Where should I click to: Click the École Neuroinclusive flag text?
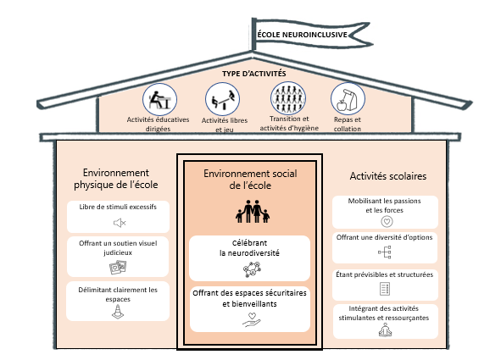[303, 35]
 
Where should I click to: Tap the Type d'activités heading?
[254, 74]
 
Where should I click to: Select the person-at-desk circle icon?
[159, 99]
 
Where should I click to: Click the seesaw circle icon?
[222, 99]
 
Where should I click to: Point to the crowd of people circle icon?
[288, 98]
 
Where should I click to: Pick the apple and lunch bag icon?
[348, 98]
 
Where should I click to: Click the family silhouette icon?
[253, 211]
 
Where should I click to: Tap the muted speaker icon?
[120, 223]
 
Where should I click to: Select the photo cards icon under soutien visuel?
[118, 267]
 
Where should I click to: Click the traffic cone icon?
[118, 312]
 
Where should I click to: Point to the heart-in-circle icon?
[387, 221]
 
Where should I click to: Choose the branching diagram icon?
[385, 252]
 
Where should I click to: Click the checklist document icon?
[385, 289]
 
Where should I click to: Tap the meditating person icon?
[385, 330]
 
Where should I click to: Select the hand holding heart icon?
[252, 320]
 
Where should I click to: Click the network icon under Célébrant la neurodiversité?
[252, 269]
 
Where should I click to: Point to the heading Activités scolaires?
[388, 176]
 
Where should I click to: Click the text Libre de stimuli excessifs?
[118, 207]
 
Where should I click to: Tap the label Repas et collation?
[348, 125]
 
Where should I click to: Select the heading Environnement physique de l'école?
[116, 179]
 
